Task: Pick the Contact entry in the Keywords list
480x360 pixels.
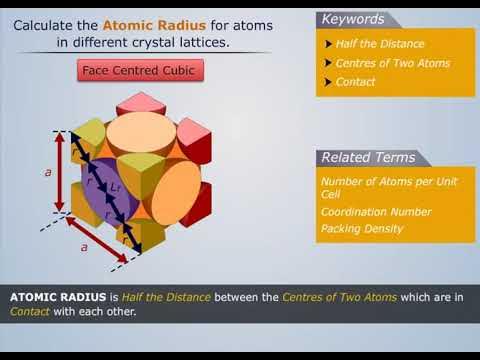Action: point(355,82)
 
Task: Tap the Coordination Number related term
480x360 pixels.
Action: point(376,212)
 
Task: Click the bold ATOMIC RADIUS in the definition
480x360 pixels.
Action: point(51,297)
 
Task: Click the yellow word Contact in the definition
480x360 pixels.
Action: point(29,311)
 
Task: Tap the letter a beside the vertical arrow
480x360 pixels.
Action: point(47,172)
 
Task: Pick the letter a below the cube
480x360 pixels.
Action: point(84,245)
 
